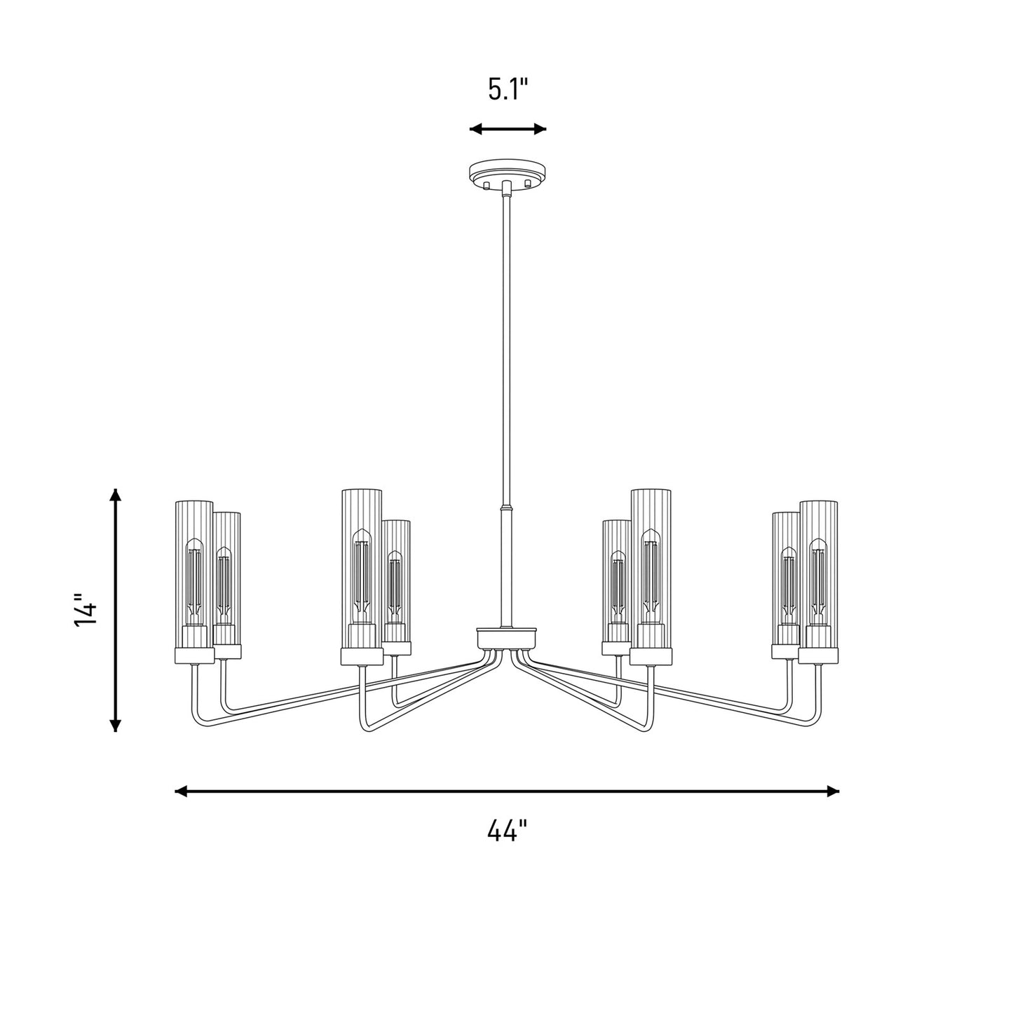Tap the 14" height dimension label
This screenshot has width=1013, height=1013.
(x=86, y=610)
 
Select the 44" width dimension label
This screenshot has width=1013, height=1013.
(x=507, y=831)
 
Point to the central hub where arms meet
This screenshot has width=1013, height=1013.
(x=506, y=639)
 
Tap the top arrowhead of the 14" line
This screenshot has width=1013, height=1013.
(x=116, y=495)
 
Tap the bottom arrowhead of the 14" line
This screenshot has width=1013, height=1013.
(x=116, y=724)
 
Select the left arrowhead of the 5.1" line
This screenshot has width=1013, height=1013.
(x=476, y=129)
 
